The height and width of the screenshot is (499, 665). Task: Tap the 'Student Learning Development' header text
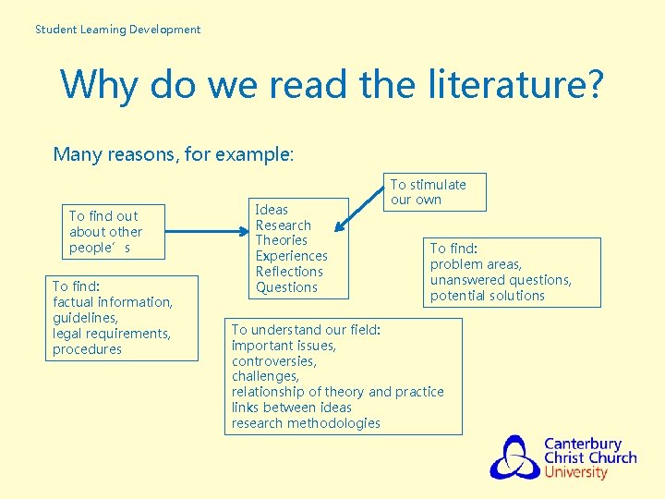point(117,30)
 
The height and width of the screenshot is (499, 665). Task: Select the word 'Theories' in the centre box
point(281,240)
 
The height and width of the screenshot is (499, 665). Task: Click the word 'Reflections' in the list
point(289,272)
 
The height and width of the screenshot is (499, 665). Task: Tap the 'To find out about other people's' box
point(104,232)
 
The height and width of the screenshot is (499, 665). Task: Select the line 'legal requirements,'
point(112,334)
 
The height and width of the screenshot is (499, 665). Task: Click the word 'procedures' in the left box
point(87,349)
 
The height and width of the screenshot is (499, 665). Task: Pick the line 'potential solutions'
point(487,296)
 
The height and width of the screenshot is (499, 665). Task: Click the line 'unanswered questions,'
point(501,280)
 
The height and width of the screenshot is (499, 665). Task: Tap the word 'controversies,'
point(273,361)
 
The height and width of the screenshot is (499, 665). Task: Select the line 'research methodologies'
point(306,423)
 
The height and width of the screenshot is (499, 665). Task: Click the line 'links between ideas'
point(292,408)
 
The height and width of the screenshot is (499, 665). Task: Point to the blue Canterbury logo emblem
point(514,457)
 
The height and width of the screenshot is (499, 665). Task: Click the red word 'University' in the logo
point(576,472)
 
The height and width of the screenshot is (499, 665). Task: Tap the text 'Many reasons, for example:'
point(174,154)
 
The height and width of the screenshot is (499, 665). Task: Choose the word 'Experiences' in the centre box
point(291,256)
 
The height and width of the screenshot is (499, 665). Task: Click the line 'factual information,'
point(113,302)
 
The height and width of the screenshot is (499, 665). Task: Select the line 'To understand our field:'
point(305,330)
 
